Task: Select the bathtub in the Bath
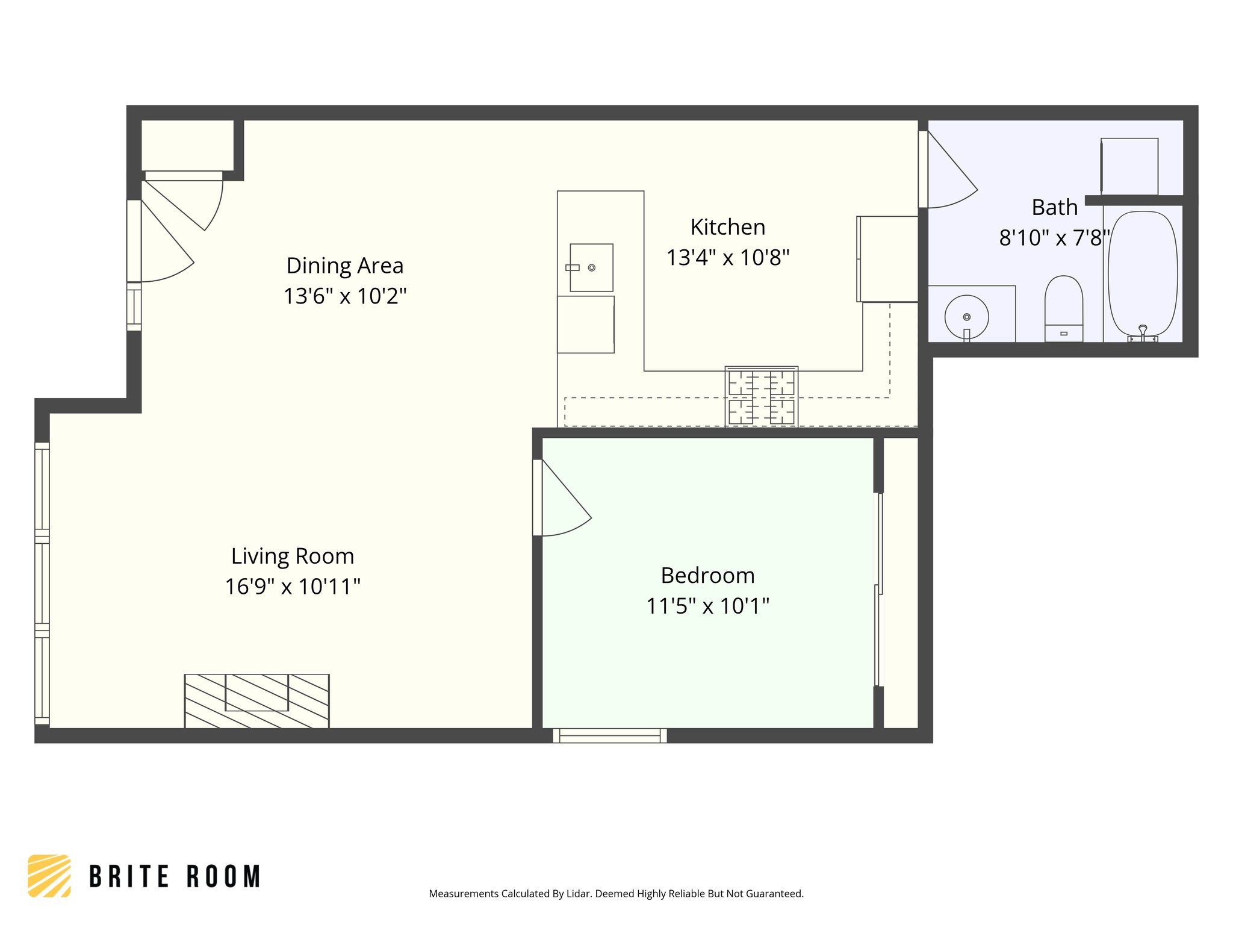1142,274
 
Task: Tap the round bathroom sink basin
966,317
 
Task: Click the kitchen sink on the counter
591,267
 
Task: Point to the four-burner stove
761,397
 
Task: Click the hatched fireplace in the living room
256,701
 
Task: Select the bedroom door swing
563,500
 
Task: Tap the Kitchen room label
727,228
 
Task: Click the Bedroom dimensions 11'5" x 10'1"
707,606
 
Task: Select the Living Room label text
293,556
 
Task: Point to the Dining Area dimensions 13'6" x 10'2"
345,296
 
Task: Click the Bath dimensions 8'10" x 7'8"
1054,238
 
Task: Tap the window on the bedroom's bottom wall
609,735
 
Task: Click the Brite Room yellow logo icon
49,876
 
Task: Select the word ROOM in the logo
223,877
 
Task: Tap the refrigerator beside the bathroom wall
887,259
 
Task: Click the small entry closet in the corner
187,145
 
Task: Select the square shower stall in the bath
1129,166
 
